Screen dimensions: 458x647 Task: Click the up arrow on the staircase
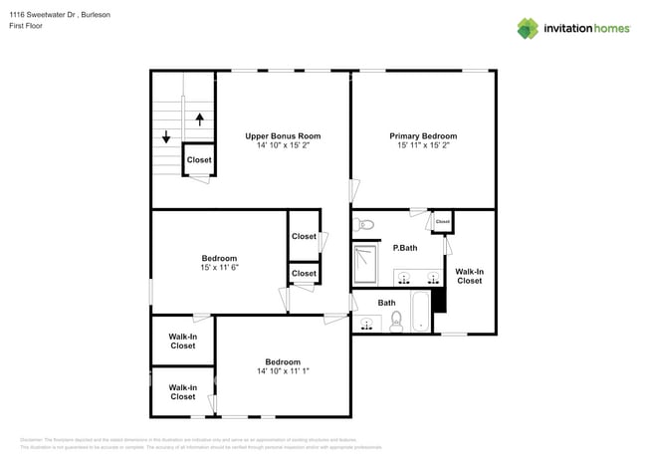[x=199, y=118]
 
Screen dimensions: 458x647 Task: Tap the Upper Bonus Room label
[x=283, y=135]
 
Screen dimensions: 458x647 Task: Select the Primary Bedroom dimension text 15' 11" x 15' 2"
[x=423, y=145]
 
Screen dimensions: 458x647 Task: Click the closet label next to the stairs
[x=199, y=159]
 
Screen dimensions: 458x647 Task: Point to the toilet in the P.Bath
[x=363, y=224]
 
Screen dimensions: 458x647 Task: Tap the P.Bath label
[x=404, y=247]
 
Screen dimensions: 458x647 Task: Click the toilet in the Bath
[x=395, y=320]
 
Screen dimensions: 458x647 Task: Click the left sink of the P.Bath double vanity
[x=404, y=276]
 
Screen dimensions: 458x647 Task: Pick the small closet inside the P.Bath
[x=443, y=222]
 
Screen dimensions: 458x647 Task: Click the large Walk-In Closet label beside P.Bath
[x=469, y=276]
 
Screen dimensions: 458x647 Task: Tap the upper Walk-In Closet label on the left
[x=182, y=342]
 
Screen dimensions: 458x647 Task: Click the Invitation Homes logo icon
[x=528, y=28]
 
